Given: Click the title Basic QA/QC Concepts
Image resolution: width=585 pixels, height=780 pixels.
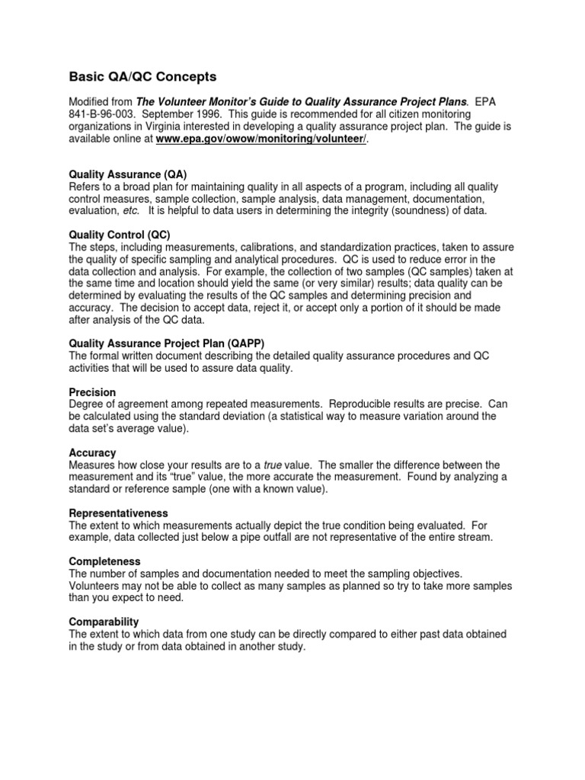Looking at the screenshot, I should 143,77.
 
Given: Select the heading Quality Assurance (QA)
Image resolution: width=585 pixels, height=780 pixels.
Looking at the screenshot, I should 127,174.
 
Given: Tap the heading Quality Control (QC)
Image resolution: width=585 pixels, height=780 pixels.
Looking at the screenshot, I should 120,235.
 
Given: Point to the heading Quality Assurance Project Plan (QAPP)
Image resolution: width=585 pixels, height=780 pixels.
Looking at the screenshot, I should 167,344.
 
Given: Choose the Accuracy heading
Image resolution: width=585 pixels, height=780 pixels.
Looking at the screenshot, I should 92,452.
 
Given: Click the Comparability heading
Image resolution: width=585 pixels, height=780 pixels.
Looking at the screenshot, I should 104,622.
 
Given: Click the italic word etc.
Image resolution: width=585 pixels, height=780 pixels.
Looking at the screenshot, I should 127,211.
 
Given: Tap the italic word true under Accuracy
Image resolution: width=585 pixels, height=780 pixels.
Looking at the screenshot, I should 273,465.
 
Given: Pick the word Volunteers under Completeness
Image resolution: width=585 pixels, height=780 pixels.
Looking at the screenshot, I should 96,586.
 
